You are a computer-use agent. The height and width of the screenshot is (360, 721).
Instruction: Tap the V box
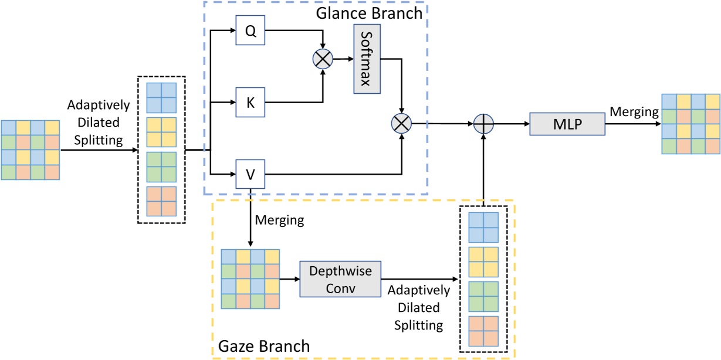click(251, 174)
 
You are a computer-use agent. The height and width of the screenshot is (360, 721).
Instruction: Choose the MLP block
click(567, 124)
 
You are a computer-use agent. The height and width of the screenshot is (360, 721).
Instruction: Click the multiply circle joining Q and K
click(323, 59)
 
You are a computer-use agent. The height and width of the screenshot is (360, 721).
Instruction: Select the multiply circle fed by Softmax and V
click(402, 124)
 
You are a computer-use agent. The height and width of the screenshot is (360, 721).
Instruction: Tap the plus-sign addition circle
click(484, 124)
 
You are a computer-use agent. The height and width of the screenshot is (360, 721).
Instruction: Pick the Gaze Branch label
click(263, 346)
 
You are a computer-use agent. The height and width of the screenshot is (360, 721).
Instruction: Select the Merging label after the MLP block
click(634, 111)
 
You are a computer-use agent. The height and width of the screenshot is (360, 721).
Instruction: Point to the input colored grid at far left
click(31, 150)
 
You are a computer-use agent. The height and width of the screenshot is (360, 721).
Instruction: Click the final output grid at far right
click(690, 124)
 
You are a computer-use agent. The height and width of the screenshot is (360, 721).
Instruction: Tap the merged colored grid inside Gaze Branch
click(251, 279)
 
